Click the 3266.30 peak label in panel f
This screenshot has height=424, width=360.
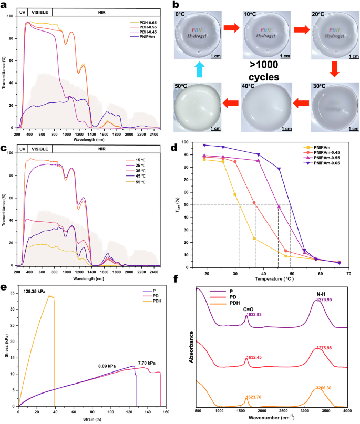(323, 389)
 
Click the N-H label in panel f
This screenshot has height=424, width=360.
(320, 294)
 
